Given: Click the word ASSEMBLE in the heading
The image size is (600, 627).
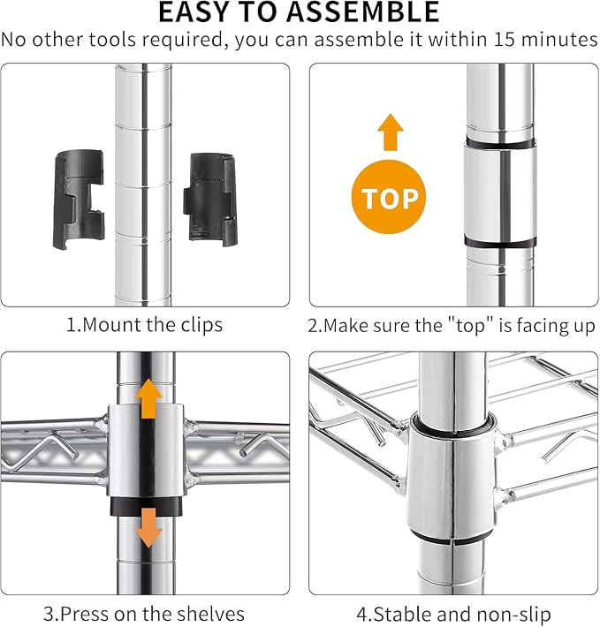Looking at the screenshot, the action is [363, 11].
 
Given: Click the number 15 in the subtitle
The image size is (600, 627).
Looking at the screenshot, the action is [505, 40].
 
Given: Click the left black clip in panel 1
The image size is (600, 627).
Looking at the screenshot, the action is [79, 200].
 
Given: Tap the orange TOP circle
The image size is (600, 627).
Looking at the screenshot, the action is [389, 197].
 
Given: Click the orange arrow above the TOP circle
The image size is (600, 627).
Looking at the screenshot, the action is [391, 132].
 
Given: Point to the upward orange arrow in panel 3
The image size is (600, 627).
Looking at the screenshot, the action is [148, 398].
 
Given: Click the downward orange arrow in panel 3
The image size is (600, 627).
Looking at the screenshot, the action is [148, 528].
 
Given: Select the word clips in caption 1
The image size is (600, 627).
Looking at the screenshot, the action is [201, 325].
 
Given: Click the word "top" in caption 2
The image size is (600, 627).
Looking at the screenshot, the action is [470, 326].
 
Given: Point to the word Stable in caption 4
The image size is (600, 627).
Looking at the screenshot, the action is [401, 614].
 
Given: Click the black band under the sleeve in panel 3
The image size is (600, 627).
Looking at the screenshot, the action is [147, 506].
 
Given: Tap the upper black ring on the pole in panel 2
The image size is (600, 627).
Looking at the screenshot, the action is [500, 143].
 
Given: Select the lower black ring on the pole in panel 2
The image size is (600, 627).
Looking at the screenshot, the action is [500, 242].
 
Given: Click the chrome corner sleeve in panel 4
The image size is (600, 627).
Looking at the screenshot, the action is [452, 480].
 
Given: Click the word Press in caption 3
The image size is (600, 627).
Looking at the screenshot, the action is [85, 614].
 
